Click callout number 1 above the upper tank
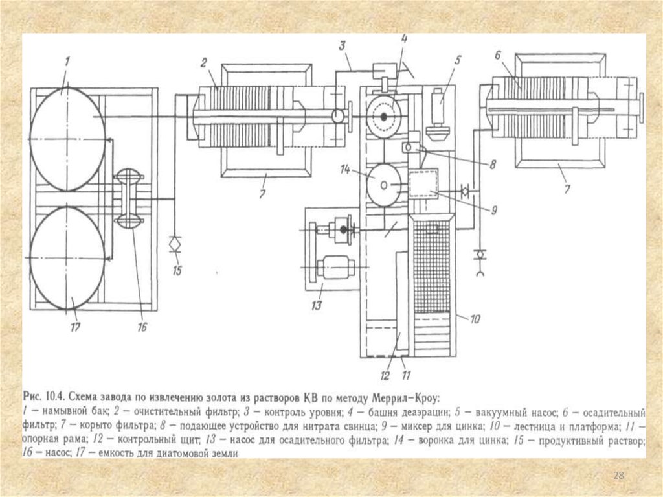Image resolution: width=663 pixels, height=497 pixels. tap(67, 62)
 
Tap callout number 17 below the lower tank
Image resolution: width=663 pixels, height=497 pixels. tap(75, 327)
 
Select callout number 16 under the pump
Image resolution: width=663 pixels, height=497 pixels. tap(142, 327)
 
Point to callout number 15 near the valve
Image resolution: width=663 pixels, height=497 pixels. tap(177, 270)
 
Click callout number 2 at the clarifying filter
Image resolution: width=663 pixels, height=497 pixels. tap(203, 64)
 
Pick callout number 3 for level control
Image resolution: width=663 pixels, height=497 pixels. tap(342, 46)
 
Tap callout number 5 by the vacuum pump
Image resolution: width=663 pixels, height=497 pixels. tap(457, 60)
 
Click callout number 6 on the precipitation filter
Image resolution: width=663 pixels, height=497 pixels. tap(497, 54)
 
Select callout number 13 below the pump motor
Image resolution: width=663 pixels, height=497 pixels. tap(316, 305)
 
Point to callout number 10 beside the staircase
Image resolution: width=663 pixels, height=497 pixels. tap(475, 319)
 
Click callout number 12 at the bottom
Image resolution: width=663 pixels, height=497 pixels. tap(385, 375)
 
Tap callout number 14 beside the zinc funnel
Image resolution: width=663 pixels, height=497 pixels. tap(344, 170)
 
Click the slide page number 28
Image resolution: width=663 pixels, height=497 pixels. tap(618, 475)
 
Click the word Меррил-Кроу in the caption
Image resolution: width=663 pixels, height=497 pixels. tap(407, 398)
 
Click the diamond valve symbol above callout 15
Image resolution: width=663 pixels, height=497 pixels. tap(175, 245)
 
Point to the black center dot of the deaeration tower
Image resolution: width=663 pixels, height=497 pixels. tap(384, 117)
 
